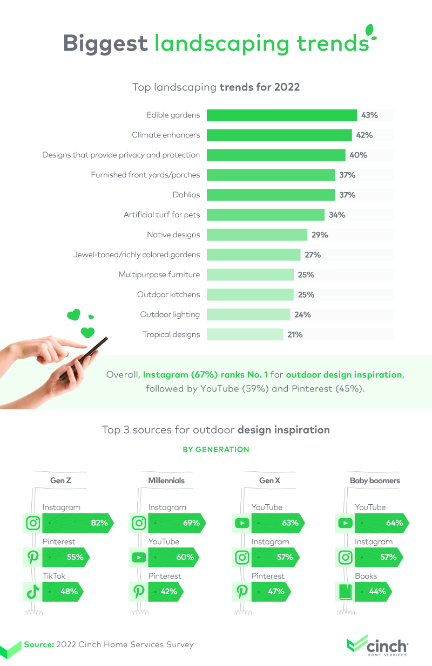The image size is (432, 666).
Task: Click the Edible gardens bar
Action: (281, 115)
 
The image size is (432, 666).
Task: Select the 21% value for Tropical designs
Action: (295, 335)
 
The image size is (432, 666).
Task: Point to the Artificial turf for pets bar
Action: (265, 215)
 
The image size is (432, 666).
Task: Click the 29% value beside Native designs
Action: (320, 235)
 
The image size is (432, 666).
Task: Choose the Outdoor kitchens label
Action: (168, 295)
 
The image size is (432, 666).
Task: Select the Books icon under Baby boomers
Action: (345, 592)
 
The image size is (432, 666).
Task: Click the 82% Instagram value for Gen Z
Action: (99, 523)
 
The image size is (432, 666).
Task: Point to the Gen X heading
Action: (266, 480)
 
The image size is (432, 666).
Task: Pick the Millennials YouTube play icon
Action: (139, 557)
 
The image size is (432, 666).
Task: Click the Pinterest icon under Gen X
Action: (242, 592)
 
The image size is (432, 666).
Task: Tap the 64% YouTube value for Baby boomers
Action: (394, 523)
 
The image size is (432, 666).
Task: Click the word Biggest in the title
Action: (106, 43)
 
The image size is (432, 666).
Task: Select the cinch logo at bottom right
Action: (378, 645)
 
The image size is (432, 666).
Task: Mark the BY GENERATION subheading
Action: (216, 449)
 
